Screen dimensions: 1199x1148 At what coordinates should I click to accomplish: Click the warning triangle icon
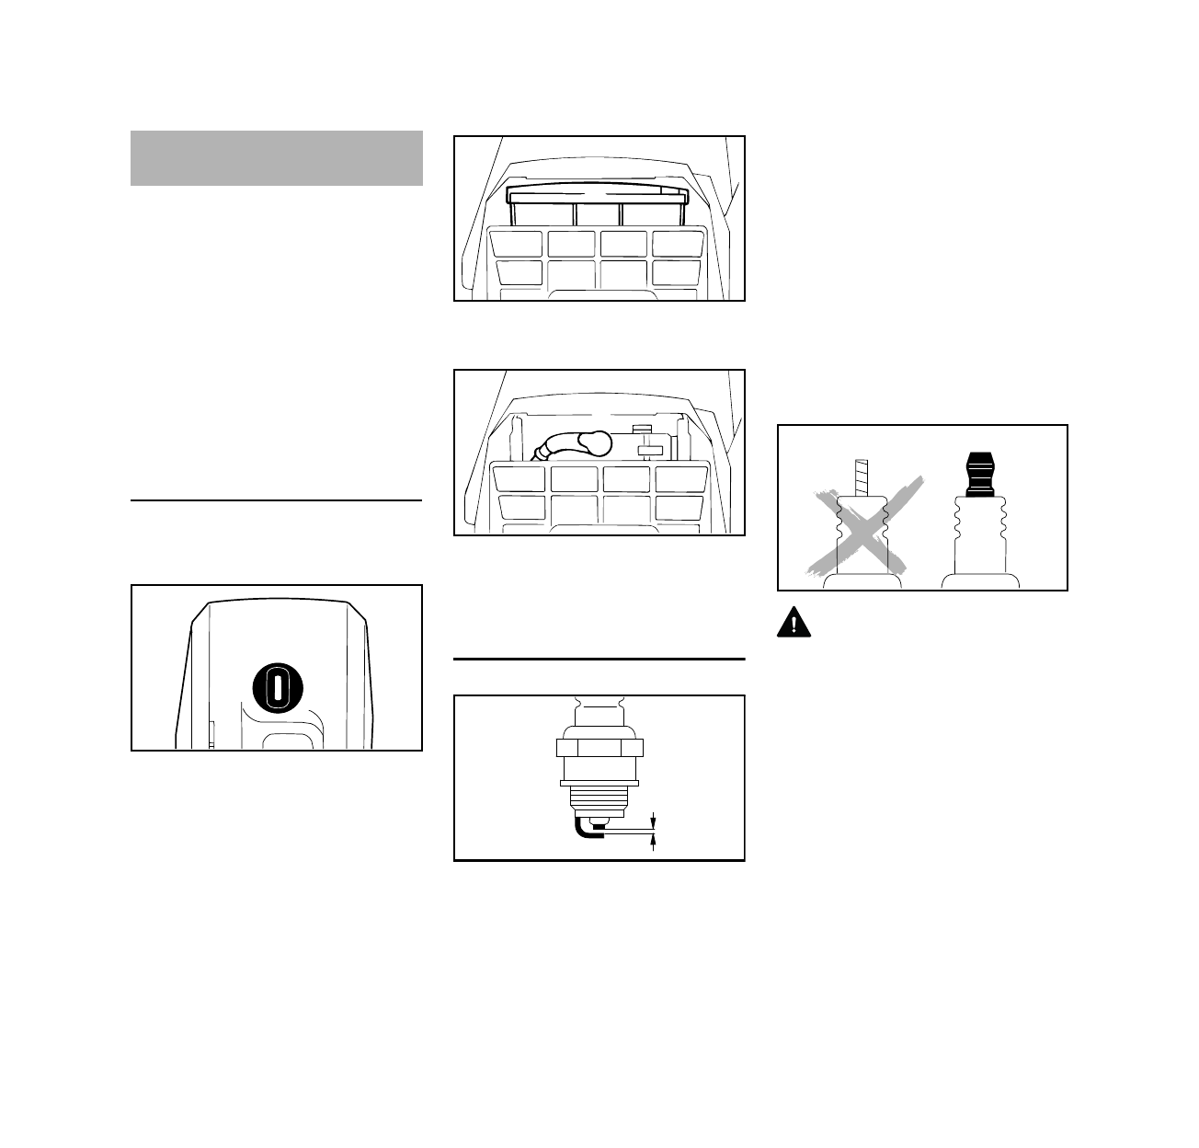pos(794,623)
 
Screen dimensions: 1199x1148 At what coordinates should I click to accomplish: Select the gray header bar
pos(276,158)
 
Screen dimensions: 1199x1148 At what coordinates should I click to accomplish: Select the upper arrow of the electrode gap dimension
pos(654,821)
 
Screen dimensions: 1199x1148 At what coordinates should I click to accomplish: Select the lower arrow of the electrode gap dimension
pos(654,843)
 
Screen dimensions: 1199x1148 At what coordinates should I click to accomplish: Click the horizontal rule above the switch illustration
pos(276,501)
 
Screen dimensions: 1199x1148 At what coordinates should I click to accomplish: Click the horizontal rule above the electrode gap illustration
pos(599,660)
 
